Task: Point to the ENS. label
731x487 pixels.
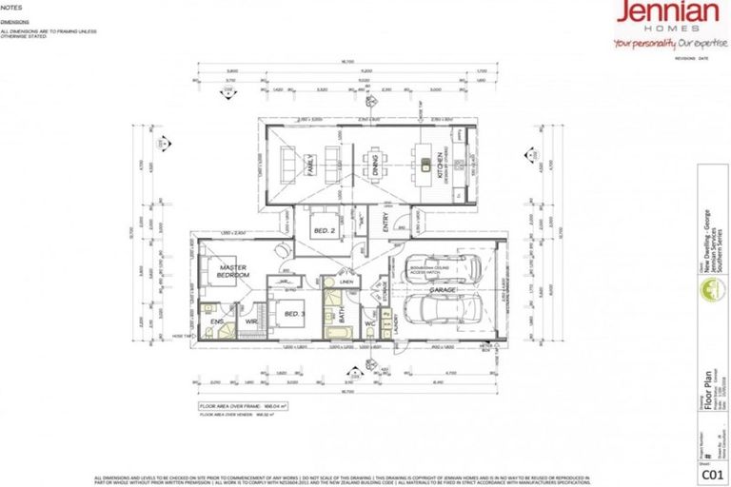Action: click(x=216, y=322)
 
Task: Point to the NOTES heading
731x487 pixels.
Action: click(x=12, y=7)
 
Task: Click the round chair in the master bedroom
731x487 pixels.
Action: click(x=279, y=250)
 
